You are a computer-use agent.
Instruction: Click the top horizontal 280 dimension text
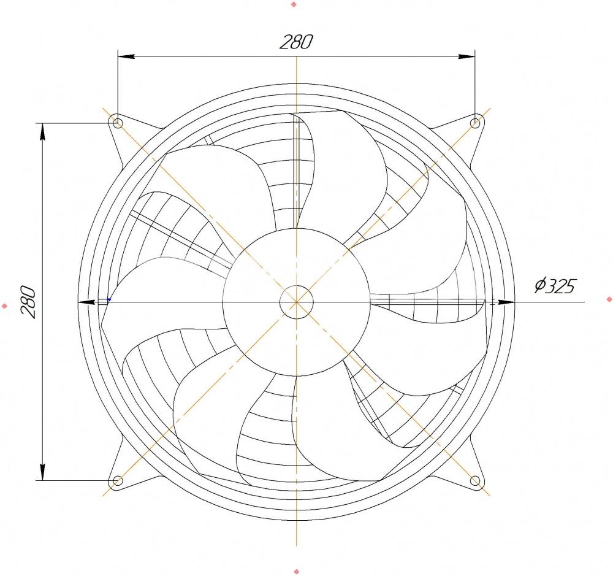point(296,42)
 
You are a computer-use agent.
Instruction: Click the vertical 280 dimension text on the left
point(28,302)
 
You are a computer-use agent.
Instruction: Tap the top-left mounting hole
point(118,123)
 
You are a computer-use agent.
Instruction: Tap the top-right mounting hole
point(475,123)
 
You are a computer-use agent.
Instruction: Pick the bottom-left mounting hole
point(118,480)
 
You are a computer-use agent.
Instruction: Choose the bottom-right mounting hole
point(475,480)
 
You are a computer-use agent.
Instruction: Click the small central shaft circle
point(296,302)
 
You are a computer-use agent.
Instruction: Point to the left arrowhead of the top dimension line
point(126,56)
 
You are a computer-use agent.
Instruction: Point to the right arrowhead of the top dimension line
point(466,56)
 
